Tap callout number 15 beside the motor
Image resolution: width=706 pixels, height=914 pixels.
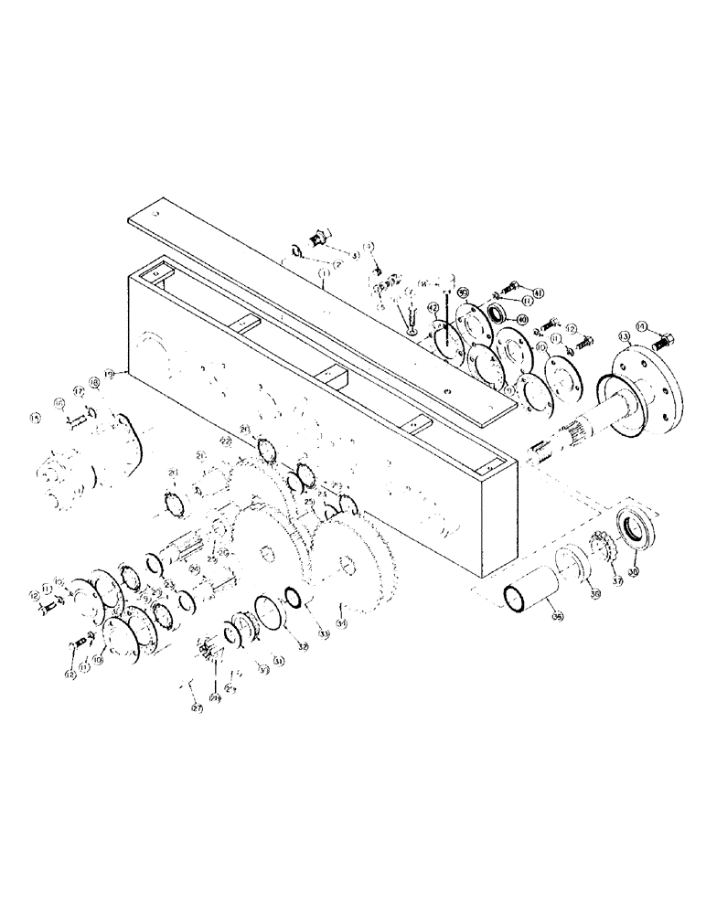pos(36,418)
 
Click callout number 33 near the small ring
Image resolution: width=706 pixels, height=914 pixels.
pos(322,633)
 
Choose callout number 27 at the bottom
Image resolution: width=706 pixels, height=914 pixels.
pos(196,707)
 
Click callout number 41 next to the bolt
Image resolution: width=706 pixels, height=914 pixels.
pos(539,292)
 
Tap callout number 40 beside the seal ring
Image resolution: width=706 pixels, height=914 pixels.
pos(522,319)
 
